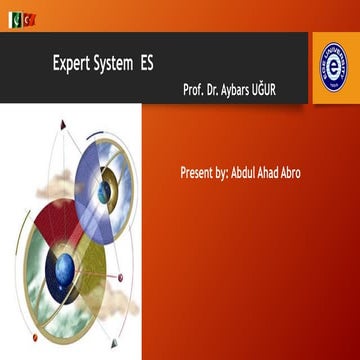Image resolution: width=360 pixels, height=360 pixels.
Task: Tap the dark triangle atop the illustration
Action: pos(64,125)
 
